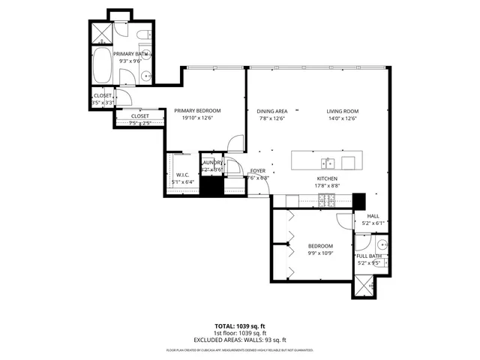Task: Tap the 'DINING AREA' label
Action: click(x=271, y=110)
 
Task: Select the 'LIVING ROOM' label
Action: click(x=341, y=110)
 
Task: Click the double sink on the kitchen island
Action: click(x=328, y=162)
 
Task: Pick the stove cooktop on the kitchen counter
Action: click(x=327, y=199)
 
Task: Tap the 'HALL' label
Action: click(x=373, y=216)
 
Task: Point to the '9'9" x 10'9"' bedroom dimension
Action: click(x=320, y=253)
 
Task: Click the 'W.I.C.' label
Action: click(x=182, y=175)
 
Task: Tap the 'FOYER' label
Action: click(x=258, y=171)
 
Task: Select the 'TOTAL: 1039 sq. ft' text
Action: click(x=240, y=325)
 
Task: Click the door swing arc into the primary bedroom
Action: click(x=236, y=143)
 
